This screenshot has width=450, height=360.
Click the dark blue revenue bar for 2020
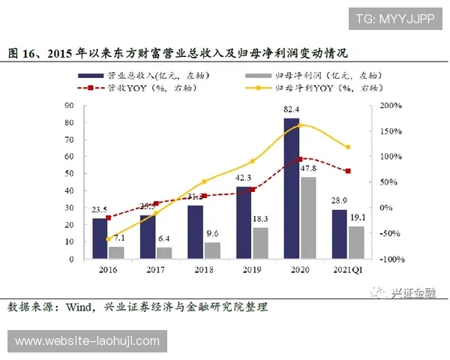(x=291, y=187)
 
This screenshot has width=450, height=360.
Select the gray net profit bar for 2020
(x=307, y=217)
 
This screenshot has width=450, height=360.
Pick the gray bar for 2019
(x=260, y=242)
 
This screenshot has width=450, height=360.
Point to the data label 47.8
(x=309, y=169)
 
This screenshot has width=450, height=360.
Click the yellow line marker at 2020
(x=300, y=125)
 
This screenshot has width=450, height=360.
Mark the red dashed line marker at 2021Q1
(x=348, y=171)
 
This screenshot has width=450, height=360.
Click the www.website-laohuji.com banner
(x=88, y=341)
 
